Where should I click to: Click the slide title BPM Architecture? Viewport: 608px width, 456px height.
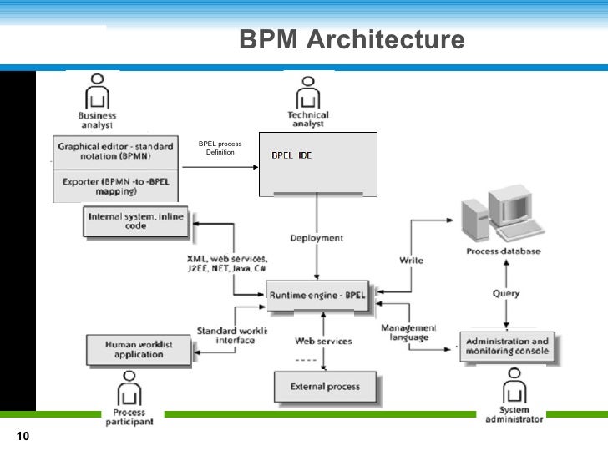(351, 40)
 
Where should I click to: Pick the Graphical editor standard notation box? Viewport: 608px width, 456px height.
(114, 151)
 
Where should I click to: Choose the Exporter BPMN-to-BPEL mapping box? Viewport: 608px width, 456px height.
(114, 185)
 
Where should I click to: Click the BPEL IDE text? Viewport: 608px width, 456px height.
(291, 156)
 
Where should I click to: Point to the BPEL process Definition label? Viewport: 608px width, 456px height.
(220, 149)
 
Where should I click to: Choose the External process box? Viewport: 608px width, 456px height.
(325, 387)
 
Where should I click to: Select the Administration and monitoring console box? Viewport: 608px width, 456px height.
(507, 347)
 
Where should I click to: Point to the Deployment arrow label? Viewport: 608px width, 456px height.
(317, 238)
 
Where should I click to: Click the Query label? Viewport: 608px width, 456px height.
(505, 293)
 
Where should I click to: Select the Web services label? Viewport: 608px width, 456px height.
(323, 341)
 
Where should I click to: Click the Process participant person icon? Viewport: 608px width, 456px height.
(128, 388)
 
